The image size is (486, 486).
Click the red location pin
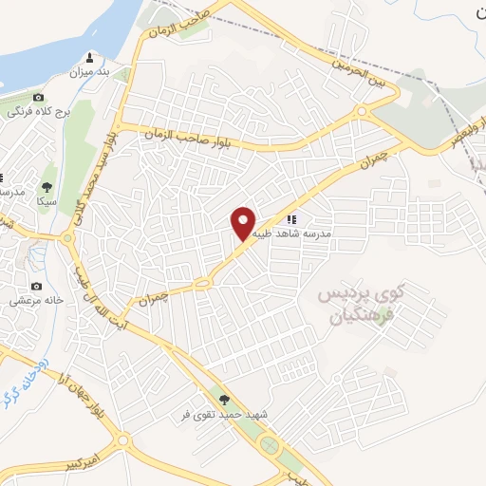(x=244, y=222)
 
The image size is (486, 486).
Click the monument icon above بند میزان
(x=91, y=56)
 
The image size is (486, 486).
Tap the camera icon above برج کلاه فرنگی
(x=38, y=97)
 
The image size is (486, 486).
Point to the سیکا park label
(x=47, y=201)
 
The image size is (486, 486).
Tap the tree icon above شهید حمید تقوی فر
(x=224, y=400)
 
